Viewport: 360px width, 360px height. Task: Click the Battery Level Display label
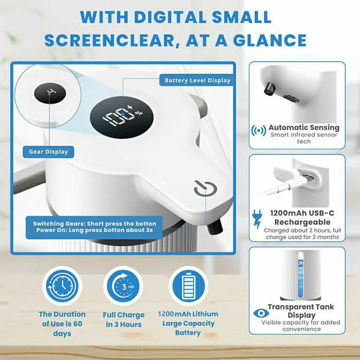[x=197, y=80]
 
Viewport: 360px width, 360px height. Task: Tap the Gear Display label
[x=48, y=152]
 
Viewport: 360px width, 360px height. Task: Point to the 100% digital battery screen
[x=122, y=117]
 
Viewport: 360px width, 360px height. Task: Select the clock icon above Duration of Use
[x=62, y=286]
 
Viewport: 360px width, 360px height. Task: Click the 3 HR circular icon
[x=123, y=286]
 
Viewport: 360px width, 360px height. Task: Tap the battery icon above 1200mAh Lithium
[x=189, y=286]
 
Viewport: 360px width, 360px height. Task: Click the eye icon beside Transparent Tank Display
[x=261, y=313]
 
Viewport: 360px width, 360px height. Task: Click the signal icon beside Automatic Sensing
[x=259, y=131]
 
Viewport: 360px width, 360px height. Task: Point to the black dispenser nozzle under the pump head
[x=215, y=227]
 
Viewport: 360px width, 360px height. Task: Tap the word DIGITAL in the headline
[x=170, y=17]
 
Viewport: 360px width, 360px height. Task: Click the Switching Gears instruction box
[x=94, y=227]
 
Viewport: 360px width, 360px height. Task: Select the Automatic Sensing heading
[x=304, y=128]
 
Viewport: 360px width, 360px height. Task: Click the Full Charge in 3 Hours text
[x=123, y=319]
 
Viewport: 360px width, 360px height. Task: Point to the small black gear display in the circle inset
[x=50, y=93]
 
